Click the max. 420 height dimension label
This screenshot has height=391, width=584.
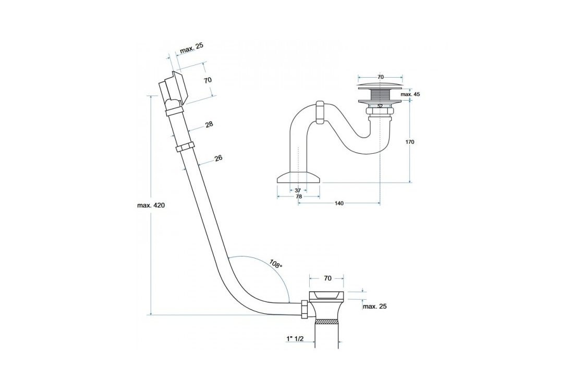point(151,205)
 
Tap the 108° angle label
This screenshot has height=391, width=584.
point(276,264)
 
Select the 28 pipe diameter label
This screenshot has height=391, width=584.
point(209,125)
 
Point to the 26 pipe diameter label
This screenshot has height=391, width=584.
point(218,158)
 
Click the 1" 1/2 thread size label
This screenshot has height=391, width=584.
point(295,338)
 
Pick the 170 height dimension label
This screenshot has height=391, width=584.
point(410,142)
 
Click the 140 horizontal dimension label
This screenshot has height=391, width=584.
point(339,203)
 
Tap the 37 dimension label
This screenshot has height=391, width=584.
point(298,191)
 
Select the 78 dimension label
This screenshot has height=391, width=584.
point(299,197)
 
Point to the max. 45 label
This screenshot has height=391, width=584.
point(410,94)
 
